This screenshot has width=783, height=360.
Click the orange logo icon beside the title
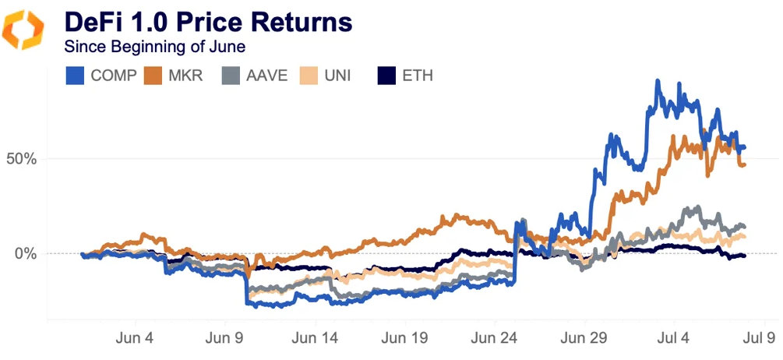coord(25,29)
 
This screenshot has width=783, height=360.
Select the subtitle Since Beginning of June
coord(155,47)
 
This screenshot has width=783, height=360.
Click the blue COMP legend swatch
coord(75,76)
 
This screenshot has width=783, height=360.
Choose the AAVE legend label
coord(266,76)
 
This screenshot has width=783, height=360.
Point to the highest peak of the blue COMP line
coord(658,81)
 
